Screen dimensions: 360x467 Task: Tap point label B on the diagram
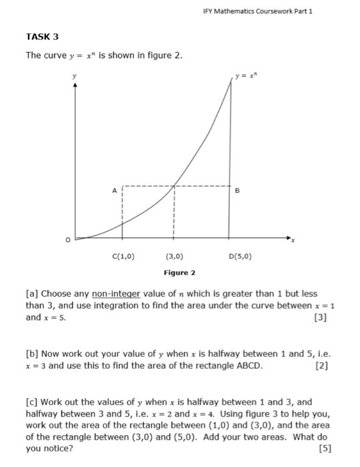coord(237,190)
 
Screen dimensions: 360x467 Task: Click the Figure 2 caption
coord(179,273)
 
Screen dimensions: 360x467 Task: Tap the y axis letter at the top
coord(75,76)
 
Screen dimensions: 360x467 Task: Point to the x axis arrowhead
coord(289,237)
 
